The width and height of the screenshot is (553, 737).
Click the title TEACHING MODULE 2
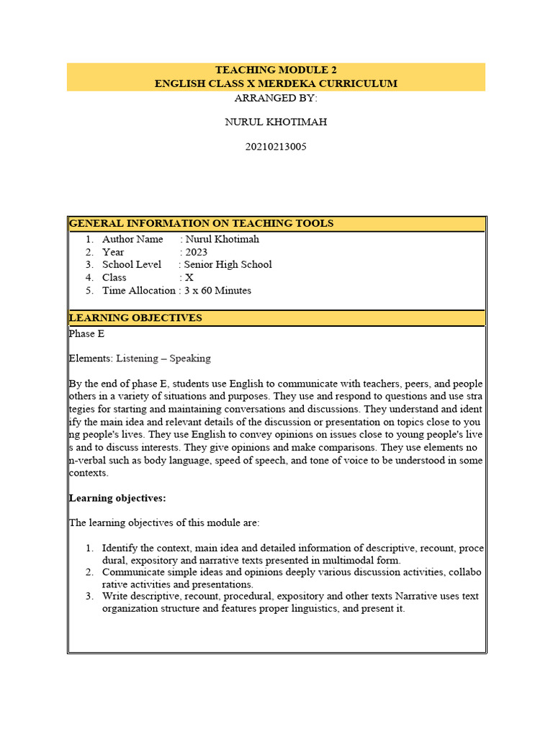[x=276, y=70]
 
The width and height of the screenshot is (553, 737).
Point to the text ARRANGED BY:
[x=276, y=98]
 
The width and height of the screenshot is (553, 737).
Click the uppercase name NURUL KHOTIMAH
[x=276, y=122]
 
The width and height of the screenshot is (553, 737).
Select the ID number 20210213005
[x=276, y=146]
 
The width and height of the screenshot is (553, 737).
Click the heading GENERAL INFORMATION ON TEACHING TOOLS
[x=202, y=224]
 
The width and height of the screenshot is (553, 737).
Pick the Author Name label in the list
[x=132, y=239]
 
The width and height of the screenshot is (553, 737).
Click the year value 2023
[x=196, y=252]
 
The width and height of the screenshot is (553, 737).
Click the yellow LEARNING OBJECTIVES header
[x=135, y=318]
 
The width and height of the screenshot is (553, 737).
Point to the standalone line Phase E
[x=86, y=333]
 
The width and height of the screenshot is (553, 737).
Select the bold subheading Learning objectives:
[x=117, y=498]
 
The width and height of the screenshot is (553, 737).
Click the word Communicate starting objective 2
[x=134, y=572]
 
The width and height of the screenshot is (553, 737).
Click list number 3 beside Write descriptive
[x=89, y=597]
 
